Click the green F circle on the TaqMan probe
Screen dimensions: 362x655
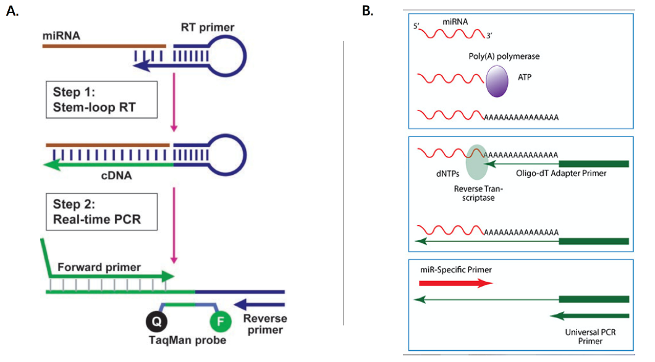point(221,322)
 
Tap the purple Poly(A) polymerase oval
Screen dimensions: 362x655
point(497,82)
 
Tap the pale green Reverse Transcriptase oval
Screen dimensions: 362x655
point(476,162)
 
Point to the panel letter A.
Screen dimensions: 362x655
point(11,12)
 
